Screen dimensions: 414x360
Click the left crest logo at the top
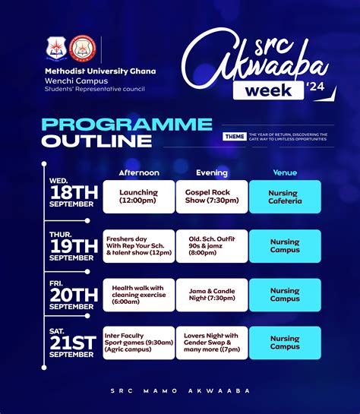point(56,49)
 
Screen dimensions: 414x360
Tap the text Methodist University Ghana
point(99,71)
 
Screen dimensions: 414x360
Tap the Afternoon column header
point(139,172)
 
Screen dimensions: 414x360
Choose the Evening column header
point(212,172)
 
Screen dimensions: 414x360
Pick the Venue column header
point(285,172)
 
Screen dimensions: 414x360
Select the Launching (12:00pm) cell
point(139,197)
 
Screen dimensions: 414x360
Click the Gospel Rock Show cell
point(212,197)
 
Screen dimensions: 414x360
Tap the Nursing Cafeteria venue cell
point(285,197)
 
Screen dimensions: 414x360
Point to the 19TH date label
point(74,246)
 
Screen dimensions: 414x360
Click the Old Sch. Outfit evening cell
point(212,246)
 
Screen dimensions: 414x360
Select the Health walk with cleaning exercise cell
point(139,295)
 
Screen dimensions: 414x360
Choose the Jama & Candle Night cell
point(212,295)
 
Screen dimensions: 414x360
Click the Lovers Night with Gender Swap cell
point(212,343)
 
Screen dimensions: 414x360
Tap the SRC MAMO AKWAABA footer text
point(180,390)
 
